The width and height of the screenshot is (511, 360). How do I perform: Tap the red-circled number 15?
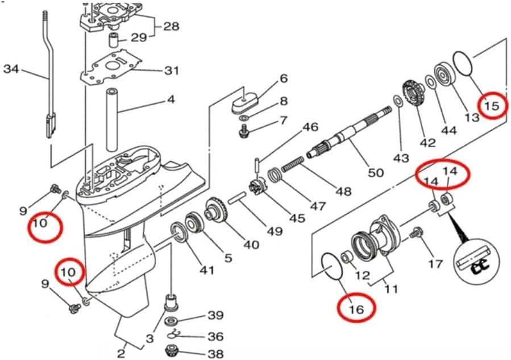491,105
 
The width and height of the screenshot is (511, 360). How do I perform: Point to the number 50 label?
376,171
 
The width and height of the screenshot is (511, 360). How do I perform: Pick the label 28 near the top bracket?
171,26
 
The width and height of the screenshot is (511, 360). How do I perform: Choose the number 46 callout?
310,127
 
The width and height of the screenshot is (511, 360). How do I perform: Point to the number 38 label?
215,354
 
